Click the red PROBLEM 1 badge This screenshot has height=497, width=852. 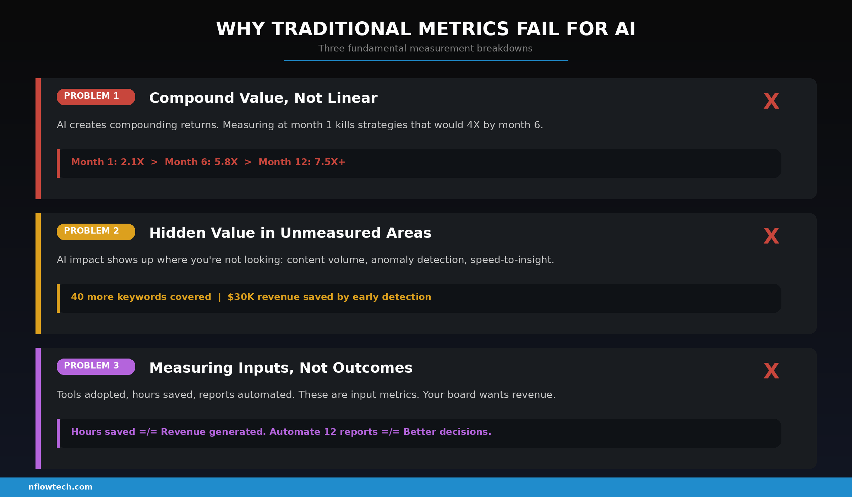tap(96, 97)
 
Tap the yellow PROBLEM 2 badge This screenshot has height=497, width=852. tap(96, 232)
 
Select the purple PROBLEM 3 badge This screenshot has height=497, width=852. tap(96, 367)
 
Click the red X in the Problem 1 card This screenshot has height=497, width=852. tap(771, 101)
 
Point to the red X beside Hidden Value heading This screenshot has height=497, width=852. tap(771, 236)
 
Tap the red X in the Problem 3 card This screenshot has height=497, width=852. tap(771, 371)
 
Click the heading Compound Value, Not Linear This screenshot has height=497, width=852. tap(263, 98)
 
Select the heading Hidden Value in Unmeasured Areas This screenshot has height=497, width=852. tap(290, 233)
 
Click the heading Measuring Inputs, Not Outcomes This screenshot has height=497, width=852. tap(281, 368)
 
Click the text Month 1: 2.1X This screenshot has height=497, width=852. tap(108, 162)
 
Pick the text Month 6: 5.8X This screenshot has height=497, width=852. tap(201, 162)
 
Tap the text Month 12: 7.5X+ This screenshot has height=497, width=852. tap(302, 162)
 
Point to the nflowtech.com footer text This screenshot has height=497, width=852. tap(60, 487)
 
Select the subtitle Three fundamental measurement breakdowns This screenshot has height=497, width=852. tap(425, 49)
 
